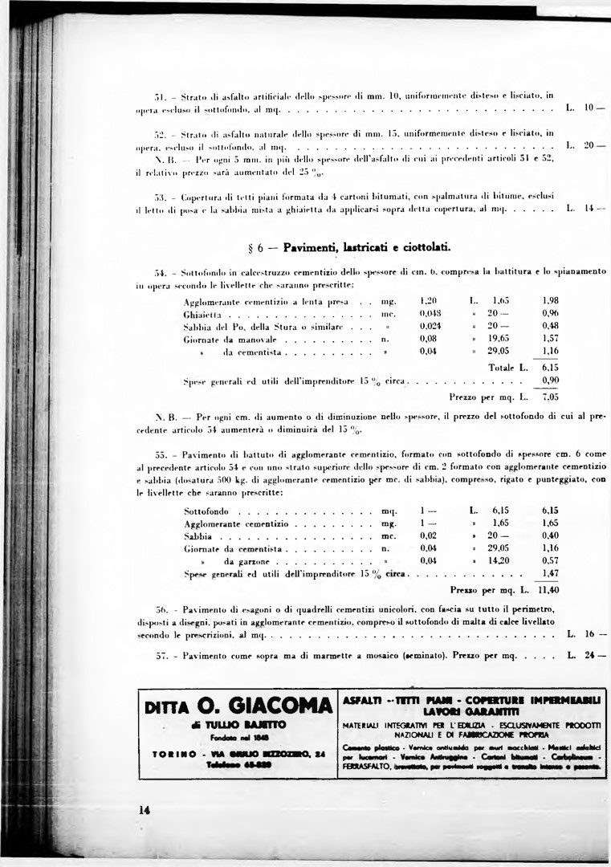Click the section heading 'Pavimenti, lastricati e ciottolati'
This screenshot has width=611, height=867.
coord(366,247)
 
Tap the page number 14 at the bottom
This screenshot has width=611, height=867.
coord(144,810)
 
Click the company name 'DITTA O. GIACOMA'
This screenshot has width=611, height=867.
coord(238,707)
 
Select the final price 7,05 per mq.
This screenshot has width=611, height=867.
coord(550,397)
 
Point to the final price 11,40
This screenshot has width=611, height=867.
coord(548,589)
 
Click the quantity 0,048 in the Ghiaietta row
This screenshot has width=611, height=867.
coord(430,313)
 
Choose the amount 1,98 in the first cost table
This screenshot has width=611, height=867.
coord(550,300)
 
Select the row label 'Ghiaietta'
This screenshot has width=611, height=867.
coord(202,314)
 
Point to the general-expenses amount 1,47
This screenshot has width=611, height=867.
coord(550,574)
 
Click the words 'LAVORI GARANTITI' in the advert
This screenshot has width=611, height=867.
coord(470,712)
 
